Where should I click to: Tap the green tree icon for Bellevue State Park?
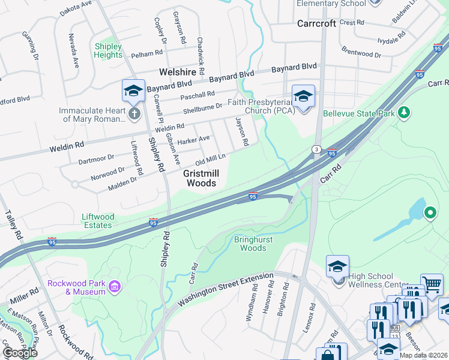(405, 112)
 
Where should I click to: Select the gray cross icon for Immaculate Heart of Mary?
(134, 113)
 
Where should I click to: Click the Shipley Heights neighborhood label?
(108, 51)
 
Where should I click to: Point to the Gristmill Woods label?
(199, 178)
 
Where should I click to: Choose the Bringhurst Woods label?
(250, 244)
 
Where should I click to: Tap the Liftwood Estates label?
(97, 220)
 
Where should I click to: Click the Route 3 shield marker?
(315, 149)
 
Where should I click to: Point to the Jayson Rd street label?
(245, 133)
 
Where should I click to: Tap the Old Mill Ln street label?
(210, 160)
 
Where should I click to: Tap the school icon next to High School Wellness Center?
(337, 266)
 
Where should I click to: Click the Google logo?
(20, 353)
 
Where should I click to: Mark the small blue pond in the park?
(417, 211)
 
